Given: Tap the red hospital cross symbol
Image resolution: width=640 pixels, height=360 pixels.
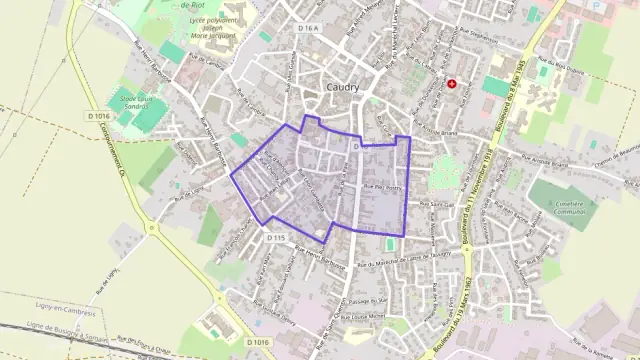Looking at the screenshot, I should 452,84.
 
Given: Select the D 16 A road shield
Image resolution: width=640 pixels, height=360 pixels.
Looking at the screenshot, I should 307,29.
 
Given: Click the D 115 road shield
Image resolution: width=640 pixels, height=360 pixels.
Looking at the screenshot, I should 276,237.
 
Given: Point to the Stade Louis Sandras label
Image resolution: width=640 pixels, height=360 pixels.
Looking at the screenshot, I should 139,102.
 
